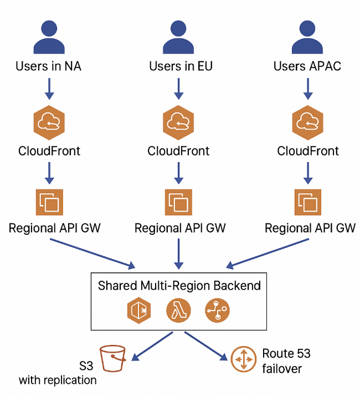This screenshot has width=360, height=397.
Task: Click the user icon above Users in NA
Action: tap(50, 38)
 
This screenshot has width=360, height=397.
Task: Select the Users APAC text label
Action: tap(307, 67)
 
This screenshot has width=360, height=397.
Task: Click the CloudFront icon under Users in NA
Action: tap(49, 122)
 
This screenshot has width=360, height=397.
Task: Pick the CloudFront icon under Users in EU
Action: tap(178, 122)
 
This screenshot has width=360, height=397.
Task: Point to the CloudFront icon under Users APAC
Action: tap(308, 122)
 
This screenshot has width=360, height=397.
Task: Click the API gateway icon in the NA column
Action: tap(49, 202)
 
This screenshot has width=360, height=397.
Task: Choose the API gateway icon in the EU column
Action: tap(178, 202)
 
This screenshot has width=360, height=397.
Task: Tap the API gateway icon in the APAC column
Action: tap(308, 202)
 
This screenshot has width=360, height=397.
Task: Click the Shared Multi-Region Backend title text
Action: tap(179, 286)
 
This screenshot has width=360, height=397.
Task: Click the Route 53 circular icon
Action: tap(243, 359)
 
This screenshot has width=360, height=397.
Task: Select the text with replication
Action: tap(58, 380)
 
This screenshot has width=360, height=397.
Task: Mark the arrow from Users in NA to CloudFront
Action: tap(49, 89)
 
